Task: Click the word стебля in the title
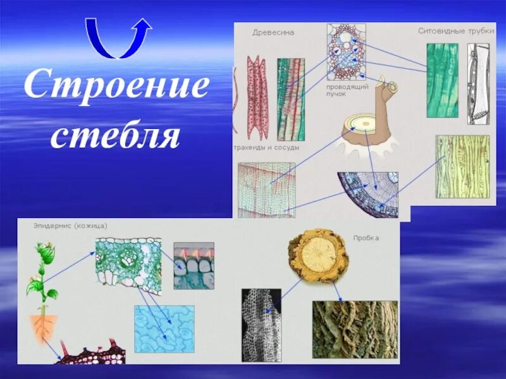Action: click(x=116, y=135)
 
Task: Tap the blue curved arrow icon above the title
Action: click(x=118, y=39)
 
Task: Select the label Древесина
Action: click(x=273, y=32)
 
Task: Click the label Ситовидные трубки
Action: click(x=455, y=30)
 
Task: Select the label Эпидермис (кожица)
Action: click(x=70, y=225)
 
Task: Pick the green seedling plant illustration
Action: click(x=42, y=278)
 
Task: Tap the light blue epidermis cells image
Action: click(x=164, y=328)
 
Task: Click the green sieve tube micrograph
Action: click(x=442, y=80)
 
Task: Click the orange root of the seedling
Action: click(x=44, y=327)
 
